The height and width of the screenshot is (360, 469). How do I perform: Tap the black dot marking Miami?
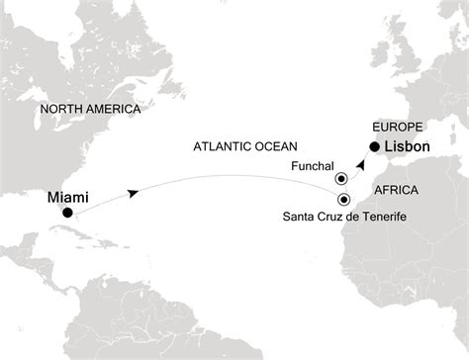66,213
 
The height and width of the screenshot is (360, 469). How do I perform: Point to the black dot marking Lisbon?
374,149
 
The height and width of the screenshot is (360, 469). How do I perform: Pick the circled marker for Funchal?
341,179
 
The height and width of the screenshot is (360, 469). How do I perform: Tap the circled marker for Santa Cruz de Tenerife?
343,198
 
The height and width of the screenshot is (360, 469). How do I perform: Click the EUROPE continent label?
395,127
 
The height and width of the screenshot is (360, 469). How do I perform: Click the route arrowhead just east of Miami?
133,195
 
